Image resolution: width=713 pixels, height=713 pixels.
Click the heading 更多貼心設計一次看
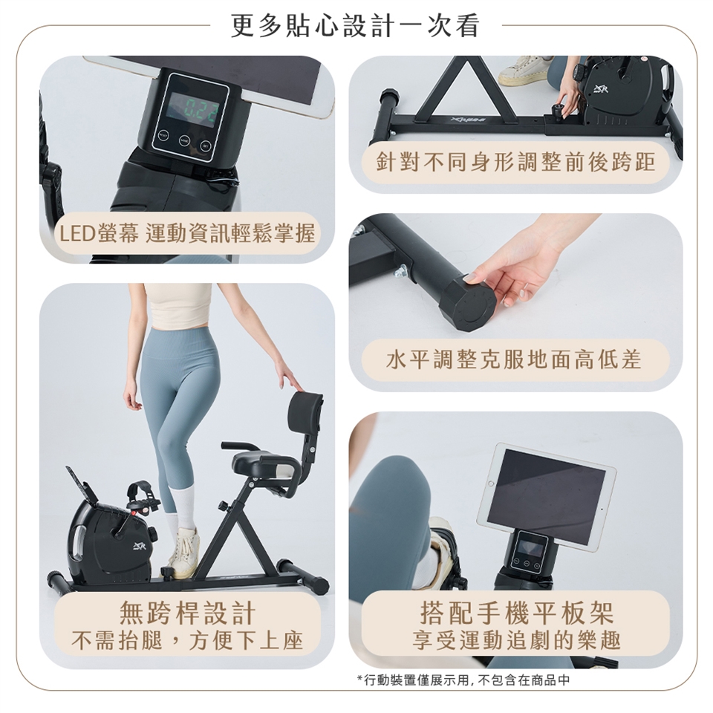[355, 25]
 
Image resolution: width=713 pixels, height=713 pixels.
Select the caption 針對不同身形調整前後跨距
[515, 162]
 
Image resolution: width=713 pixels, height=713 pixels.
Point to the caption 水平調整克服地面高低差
[514, 359]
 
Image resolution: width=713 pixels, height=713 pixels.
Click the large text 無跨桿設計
[187, 613]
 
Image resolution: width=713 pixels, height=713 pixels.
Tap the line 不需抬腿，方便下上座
[187, 641]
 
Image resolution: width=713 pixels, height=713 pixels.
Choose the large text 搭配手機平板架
[517, 613]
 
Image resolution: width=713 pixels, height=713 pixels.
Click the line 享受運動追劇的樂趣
[517, 641]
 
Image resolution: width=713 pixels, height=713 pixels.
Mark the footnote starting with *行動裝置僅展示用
[463, 680]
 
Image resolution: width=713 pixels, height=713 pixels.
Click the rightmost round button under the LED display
[206, 146]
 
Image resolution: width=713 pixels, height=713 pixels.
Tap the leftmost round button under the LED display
[163, 134]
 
